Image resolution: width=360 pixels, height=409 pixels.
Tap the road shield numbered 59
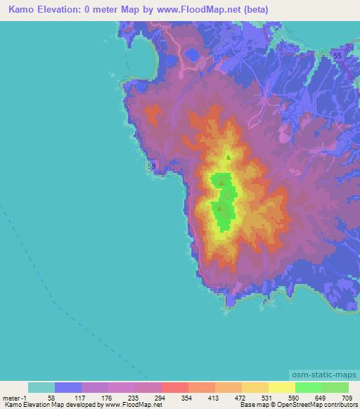pos(152,166)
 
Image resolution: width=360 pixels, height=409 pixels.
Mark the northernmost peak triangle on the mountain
pos(228,157)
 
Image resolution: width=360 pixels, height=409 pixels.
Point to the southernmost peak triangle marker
pos(220,207)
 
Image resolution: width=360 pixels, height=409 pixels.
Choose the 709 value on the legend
pos(347,397)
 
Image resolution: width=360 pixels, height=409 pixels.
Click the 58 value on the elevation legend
pos(51,397)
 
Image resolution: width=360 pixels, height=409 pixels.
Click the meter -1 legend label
pos(15,397)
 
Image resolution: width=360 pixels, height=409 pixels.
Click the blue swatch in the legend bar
pos(68,387)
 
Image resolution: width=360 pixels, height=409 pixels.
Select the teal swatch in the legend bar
pos(41,387)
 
